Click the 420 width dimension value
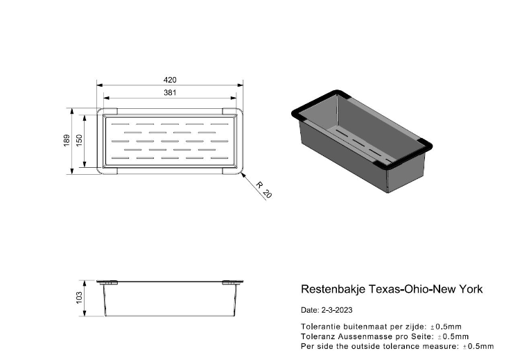coord(171,79)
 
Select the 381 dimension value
coord(171,92)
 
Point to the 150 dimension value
coord(79,139)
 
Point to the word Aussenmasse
coord(360,335)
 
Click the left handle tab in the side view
coord(107,282)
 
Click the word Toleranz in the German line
coord(316,335)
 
